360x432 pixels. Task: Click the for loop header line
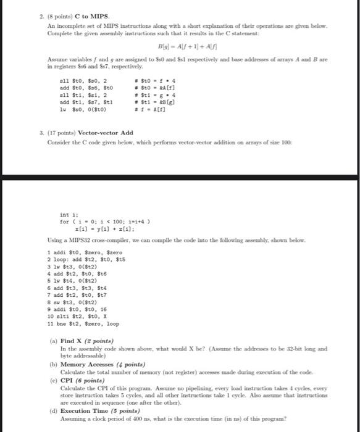coord(103,222)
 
